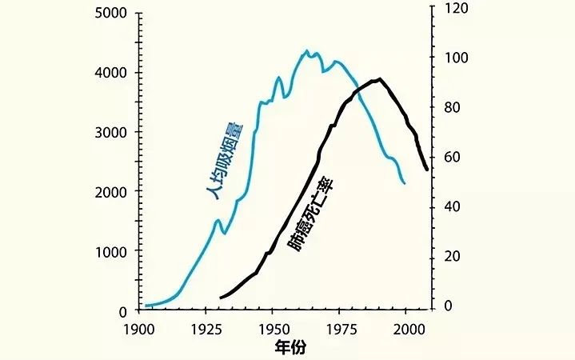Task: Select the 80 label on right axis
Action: click(451, 109)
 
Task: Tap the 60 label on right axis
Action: click(451, 158)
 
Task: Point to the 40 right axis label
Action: click(451, 207)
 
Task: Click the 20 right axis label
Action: click(451, 257)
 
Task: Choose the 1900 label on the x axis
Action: click(139, 329)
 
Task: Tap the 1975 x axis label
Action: click(341, 329)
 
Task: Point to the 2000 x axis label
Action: click(408, 329)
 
